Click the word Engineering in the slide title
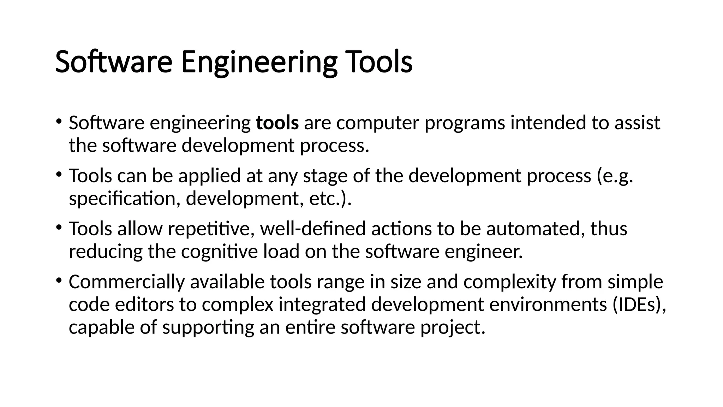click(x=259, y=62)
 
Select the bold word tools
click(x=277, y=123)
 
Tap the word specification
click(x=122, y=199)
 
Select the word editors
click(x=144, y=305)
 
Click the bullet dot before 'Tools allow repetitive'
click(x=59, y=227)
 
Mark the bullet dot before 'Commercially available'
click(x=59, y=280)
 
